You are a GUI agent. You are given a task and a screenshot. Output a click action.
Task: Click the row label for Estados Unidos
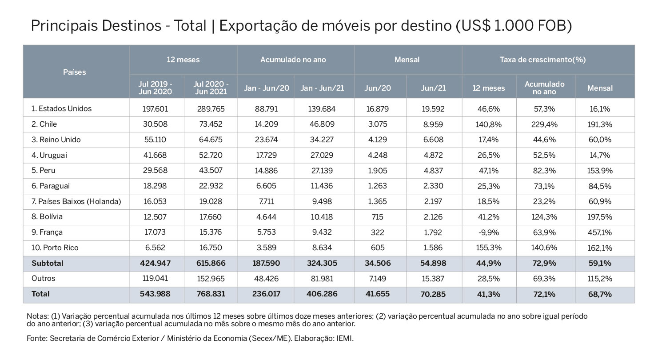tap(61, 109)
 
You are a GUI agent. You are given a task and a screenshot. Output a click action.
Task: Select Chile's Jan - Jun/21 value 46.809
tap(322, 124)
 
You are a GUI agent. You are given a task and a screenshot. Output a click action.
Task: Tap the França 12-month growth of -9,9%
tap(489, 232)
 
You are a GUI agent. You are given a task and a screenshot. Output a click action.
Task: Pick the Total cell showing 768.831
tap(211, 294)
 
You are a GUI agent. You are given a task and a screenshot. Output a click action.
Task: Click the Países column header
tap(74, 72)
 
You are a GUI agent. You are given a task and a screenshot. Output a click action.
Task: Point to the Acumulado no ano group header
tap(293, 60)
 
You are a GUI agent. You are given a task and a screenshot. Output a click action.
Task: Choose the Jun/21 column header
tap(433, 88)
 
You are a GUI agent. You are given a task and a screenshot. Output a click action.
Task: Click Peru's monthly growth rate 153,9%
tap(599, 171)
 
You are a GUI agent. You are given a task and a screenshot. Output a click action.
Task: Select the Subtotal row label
tap(47, 263)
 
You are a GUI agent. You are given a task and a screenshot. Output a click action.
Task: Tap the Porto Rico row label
tap(55, 248)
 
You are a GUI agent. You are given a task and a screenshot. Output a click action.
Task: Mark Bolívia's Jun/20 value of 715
tap(378, 217)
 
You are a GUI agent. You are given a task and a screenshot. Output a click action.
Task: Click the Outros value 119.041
tap(155, 278)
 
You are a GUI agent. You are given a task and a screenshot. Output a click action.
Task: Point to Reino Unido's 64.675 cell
tap(211, 140)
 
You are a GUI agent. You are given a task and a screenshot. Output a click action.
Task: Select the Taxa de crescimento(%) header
tap(542, 60)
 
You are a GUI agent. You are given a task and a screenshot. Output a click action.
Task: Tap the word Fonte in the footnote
tap(37, 339)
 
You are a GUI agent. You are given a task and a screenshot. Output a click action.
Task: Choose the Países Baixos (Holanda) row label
tap(76, 201)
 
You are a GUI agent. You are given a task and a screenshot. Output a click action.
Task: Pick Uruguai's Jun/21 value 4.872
tap(433, 155)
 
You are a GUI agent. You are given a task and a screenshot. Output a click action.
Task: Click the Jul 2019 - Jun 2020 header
tap(155, 88)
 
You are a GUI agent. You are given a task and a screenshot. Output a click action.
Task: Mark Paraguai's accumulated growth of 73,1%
tap(544, 186)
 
